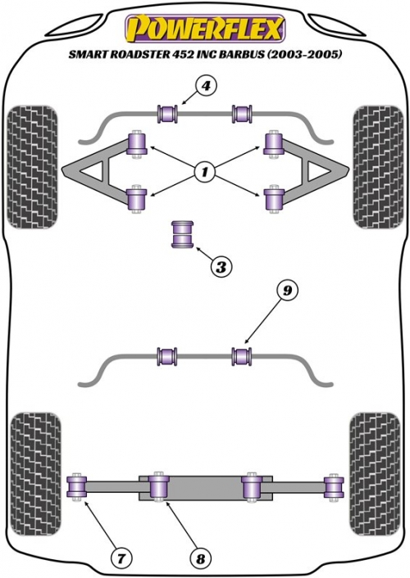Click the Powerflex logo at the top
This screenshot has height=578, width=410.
point(205,28)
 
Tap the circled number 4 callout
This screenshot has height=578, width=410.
point(206,87)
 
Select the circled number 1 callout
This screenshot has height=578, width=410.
point(203,170)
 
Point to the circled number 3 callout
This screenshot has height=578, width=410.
point(221,267)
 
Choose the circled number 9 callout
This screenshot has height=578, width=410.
point(287,291)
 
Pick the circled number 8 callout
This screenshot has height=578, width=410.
point(200,559)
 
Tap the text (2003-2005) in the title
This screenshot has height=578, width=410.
point(303,54)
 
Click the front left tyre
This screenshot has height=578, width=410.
point(33,167)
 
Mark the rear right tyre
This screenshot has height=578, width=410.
point(376,474)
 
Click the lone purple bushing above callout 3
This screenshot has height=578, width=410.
point(183,233)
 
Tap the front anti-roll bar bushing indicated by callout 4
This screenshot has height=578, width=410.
point(167,114)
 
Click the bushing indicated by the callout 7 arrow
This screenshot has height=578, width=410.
point(77,486)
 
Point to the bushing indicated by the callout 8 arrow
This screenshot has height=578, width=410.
point(158,486)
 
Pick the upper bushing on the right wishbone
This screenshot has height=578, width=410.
point(273,145)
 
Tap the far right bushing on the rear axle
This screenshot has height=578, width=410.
point(334,486)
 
